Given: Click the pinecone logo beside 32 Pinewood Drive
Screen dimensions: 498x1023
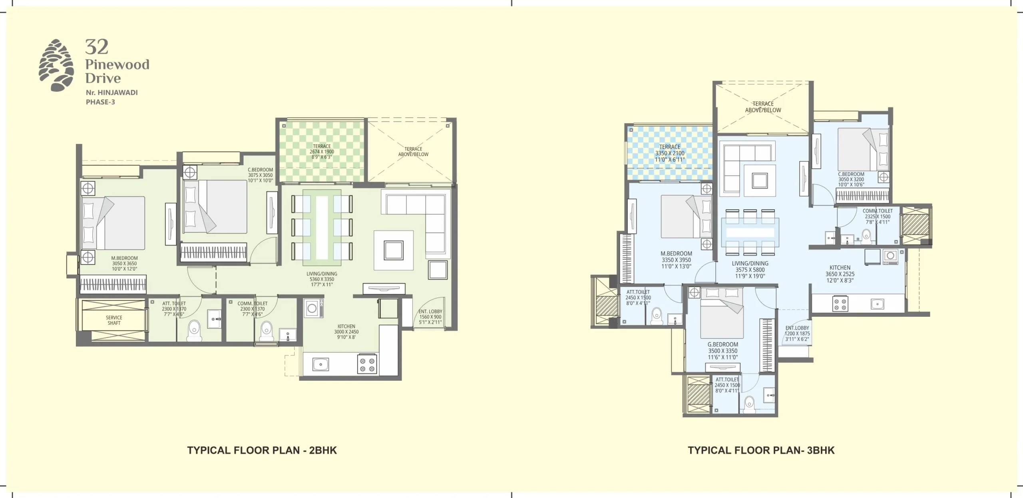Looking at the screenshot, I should [x=56, y=65].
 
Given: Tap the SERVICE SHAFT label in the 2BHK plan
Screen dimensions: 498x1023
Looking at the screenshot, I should [x=114, y=320].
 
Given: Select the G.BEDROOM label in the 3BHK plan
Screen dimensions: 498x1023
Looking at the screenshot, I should [x=722, y=344].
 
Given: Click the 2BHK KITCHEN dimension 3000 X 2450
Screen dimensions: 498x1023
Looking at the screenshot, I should [x=346, y=332].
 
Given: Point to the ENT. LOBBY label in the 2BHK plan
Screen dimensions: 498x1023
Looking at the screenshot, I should [x=430, y=312].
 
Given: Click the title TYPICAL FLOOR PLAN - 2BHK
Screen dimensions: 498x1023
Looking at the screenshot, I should [x=262, y=450].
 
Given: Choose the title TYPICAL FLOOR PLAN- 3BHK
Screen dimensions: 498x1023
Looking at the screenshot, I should [x=761, y=450].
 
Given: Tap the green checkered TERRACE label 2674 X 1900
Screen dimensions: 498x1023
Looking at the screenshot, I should [x=322, y=152].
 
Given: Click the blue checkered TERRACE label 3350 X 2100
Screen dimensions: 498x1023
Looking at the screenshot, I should [x=670, y=153].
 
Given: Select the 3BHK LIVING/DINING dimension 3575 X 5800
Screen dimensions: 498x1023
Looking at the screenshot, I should [x=750, y=270].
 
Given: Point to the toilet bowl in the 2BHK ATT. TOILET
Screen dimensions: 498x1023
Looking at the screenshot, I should [x=194, y=328].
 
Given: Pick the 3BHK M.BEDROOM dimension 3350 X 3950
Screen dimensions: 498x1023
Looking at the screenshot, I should [x=676, y=260].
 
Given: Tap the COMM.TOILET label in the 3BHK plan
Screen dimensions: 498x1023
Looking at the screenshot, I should [x=878, y=211].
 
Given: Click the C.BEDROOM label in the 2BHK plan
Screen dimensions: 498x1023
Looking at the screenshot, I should [x=260, y=170].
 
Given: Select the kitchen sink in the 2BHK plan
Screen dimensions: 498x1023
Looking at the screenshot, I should [x=319, y=364].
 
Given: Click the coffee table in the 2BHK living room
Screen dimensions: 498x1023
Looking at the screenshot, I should [x=393, y=250].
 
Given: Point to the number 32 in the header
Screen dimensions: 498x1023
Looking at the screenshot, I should [x=97, y=47].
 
